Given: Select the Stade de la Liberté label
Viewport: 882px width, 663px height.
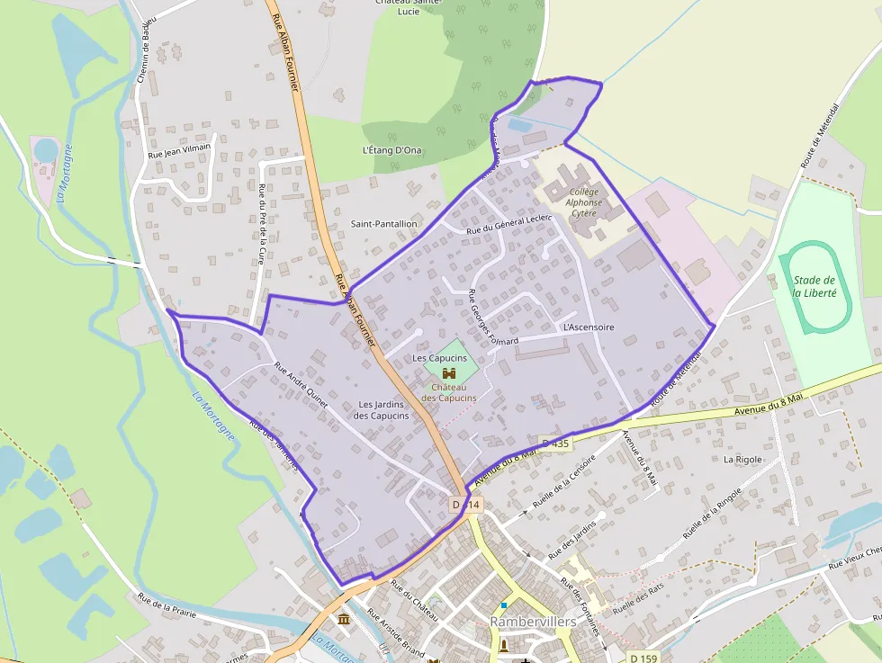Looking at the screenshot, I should (x=814, y=286).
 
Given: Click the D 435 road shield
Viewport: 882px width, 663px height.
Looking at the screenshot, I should (x=555, y=443).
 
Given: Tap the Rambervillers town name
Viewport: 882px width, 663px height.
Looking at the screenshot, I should (x=533, y=622).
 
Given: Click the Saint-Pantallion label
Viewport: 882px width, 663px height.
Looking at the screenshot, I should (x=383, y=223).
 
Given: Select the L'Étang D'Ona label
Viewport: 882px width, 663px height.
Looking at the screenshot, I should (x=391, y=150).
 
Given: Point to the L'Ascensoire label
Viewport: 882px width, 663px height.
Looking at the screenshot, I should (x=588, y=327).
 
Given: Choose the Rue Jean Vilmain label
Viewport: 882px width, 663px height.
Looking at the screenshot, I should (x=179, y=151).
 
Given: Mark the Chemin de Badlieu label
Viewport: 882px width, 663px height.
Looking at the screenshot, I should (x=146, y=50).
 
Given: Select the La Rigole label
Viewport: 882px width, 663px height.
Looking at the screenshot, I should (x=742, y=459).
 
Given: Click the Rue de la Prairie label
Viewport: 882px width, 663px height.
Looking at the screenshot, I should (x=166, y=608).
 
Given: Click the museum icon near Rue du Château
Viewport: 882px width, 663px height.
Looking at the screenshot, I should (x=344, y=620).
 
